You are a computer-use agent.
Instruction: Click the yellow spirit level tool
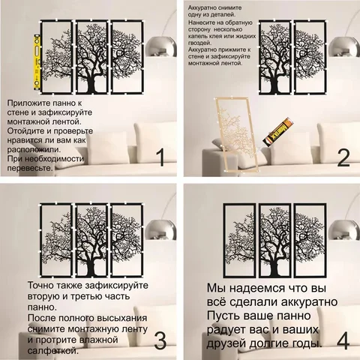click(37, 62)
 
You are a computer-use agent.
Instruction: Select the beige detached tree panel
click(236, 135)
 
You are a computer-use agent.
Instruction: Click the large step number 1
click(160, 157)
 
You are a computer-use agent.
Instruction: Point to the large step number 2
click(343, 157)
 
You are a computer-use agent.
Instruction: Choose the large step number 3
click(160, 340)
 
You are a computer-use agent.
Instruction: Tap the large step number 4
click(343, 340)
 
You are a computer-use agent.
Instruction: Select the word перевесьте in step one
click(30, 168)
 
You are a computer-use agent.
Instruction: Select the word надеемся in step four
click(257, 289)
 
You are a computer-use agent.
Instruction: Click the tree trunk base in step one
click(91, 88)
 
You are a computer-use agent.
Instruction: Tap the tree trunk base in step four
click(275, 271)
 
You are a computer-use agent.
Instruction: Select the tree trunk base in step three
click(91, 271)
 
